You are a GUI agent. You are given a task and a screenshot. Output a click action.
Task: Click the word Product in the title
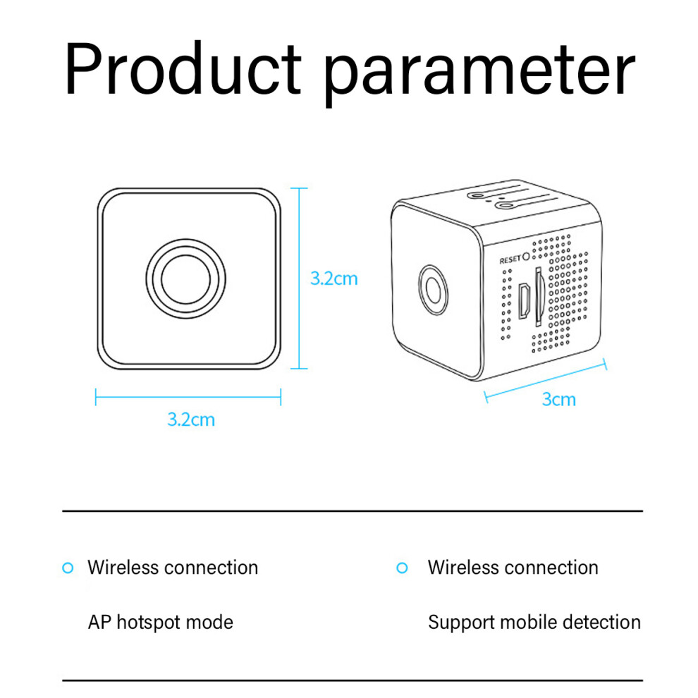(x=183, y=68)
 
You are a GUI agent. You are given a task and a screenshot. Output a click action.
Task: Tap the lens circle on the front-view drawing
(x=185, y=278)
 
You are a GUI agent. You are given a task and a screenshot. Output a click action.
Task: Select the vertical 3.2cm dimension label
(x=334, y=278)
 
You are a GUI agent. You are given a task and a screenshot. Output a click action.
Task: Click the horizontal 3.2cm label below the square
(x=191, y=420)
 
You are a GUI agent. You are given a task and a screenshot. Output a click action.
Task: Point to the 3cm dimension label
(x=558, y=399)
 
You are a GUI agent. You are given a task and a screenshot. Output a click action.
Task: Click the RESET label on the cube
(x=510, y=259)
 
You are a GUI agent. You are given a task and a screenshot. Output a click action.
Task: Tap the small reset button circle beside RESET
(x=526, y=257)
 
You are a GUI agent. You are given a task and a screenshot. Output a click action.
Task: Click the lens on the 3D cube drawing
(x=433, y=290)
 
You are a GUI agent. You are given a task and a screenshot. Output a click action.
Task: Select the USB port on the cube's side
(x=525, y=301)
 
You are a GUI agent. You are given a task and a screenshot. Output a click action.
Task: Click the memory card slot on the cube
(x=539, y=295)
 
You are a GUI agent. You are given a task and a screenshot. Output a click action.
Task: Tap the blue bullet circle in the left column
(x=68, y=568)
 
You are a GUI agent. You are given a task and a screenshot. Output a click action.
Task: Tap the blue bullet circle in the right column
(x=402, y=568)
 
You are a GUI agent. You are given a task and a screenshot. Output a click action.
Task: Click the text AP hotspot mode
(x=160, y=623)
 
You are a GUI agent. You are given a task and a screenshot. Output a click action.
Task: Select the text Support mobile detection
(x=534, y=623)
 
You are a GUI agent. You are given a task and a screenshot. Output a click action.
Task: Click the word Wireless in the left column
(x=123, y=568)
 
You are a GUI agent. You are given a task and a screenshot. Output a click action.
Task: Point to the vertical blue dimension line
(x=299, y=278)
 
